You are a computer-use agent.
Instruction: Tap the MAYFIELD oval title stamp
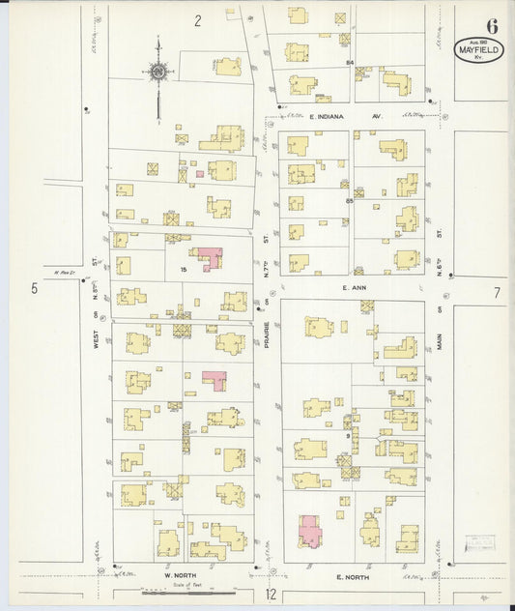[479, 49]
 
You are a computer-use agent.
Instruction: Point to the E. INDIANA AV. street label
[333, 116]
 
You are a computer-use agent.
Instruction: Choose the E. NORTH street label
[352, 576]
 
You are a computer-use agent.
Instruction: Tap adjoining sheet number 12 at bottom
[272, 595]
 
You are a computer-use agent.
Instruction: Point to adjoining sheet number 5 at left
[33, 288]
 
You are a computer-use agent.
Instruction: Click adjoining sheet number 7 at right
[497, 292]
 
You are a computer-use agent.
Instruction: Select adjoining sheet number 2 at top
[197, 20]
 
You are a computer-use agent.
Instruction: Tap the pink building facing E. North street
[309, 530]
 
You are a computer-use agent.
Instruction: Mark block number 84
[350, 63]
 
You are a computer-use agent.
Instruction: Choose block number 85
[349, 200]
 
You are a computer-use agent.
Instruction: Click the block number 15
[183, 271]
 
